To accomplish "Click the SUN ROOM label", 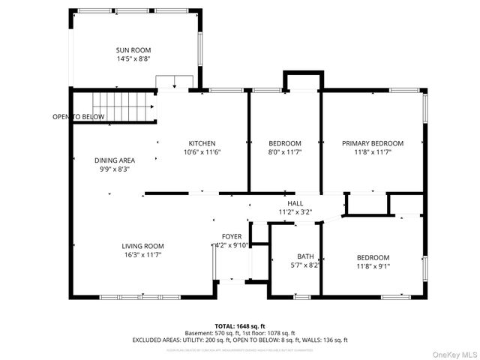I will point(133,50).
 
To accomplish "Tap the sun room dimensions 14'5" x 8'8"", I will point(133,58).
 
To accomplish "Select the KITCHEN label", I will point(202,143).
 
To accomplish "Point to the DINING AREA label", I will point(115,160).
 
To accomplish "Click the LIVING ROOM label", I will point(142,246).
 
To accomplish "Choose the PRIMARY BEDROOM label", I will point(373,143).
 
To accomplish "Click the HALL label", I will point(295,203).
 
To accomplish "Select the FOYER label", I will point(231,236).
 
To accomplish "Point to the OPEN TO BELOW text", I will point(78,117).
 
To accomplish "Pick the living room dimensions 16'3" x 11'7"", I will point(142,255).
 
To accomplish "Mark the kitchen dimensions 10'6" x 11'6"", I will point(202,152).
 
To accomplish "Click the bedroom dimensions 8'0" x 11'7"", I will point(284,152).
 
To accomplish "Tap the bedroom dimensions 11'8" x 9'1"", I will point(373,265).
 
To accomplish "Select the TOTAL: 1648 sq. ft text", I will point(240,325).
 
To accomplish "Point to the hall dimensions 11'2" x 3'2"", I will point(295,212).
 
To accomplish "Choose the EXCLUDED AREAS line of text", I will point(240,340).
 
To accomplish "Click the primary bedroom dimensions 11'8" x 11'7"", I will point(373,152).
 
